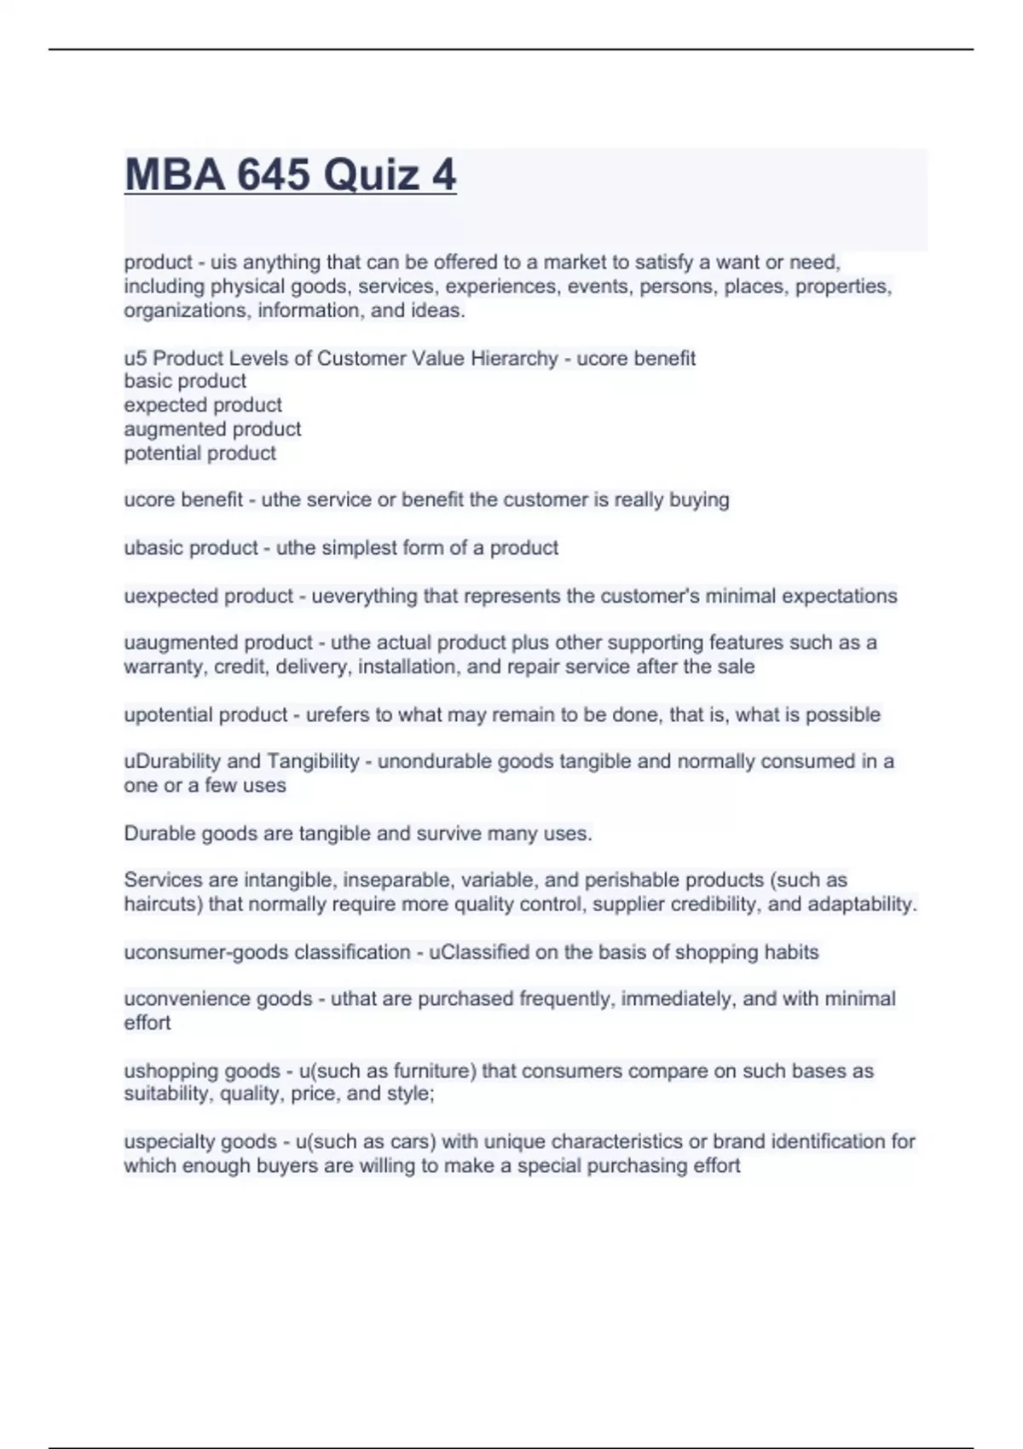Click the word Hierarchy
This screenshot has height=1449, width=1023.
pos(514,358)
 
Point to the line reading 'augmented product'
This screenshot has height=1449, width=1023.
pos(212,429)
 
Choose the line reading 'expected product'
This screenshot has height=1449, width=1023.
pos(203,405)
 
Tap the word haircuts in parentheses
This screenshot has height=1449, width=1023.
pos(162,903)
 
